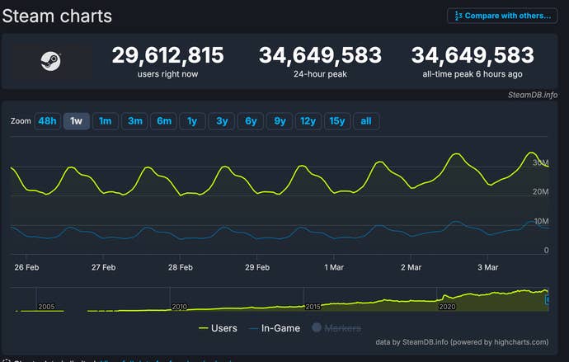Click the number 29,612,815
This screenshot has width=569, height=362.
(x=167, y=55)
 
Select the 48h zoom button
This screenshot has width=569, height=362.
(x=47, y=121)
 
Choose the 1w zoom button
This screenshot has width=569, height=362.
(x=76, y=121)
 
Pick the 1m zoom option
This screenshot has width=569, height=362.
(x=105, y=121)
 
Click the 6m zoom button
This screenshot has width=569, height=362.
(x=164, y=121)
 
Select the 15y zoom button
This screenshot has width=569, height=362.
(x=336, y=121)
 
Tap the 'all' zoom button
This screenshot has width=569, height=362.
(x=365, y=121)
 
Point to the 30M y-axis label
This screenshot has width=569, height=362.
(x=541, y=163)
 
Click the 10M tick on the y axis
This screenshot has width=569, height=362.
(x=541, y=221)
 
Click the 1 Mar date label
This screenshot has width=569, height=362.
(x=335, y=267)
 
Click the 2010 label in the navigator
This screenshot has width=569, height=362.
(x=179, y=306)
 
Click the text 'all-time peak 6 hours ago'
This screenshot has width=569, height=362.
(x=473, y=75)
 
